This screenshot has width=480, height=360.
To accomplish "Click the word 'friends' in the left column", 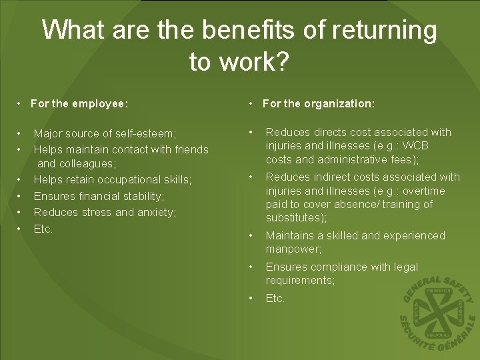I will click(x=191, y=149).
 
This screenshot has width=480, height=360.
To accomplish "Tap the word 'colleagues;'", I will click(x=89, y=163).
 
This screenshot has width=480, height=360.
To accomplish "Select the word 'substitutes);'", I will click(x=297, y=218).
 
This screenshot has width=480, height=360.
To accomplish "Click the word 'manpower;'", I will click(x=293, y=249).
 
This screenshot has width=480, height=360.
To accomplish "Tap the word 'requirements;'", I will click(x=300, y=281).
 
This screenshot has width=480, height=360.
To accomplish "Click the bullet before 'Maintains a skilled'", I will click(x=250, y=235).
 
